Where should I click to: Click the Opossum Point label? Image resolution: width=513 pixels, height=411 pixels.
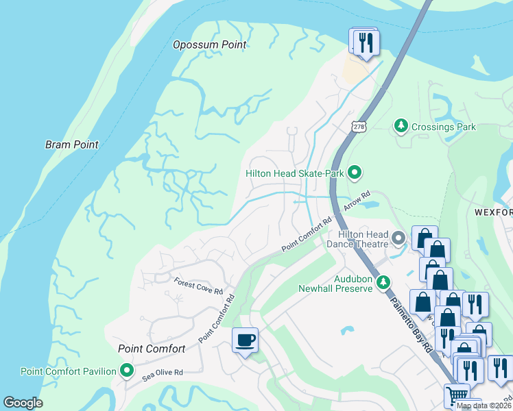click(x=209, y=45)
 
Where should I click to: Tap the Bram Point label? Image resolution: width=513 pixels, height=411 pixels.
click(x=72, y=145)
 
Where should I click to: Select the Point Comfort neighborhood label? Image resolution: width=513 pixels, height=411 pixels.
click(x=152, y=349)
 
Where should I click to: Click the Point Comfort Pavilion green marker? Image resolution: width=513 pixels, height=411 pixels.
click(x=127, y=371)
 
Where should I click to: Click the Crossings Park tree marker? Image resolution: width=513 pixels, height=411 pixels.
click(x=401, y=126)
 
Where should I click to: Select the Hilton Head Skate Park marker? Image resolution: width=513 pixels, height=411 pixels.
click(x=354, y=173)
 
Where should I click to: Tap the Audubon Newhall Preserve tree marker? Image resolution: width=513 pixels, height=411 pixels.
click(x=384, y=282)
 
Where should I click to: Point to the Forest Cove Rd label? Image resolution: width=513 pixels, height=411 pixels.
click(x=198, y=286)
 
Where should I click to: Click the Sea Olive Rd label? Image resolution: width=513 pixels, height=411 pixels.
click(x=163, y=373)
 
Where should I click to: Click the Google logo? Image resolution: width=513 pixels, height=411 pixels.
click(x=23, y=403)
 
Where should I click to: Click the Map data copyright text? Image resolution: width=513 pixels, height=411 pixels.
click(x=484, y=406)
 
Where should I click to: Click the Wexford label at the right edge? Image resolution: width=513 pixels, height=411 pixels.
click(x=494, y=212)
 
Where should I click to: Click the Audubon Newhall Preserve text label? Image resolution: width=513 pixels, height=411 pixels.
click(x=335, y=284)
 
